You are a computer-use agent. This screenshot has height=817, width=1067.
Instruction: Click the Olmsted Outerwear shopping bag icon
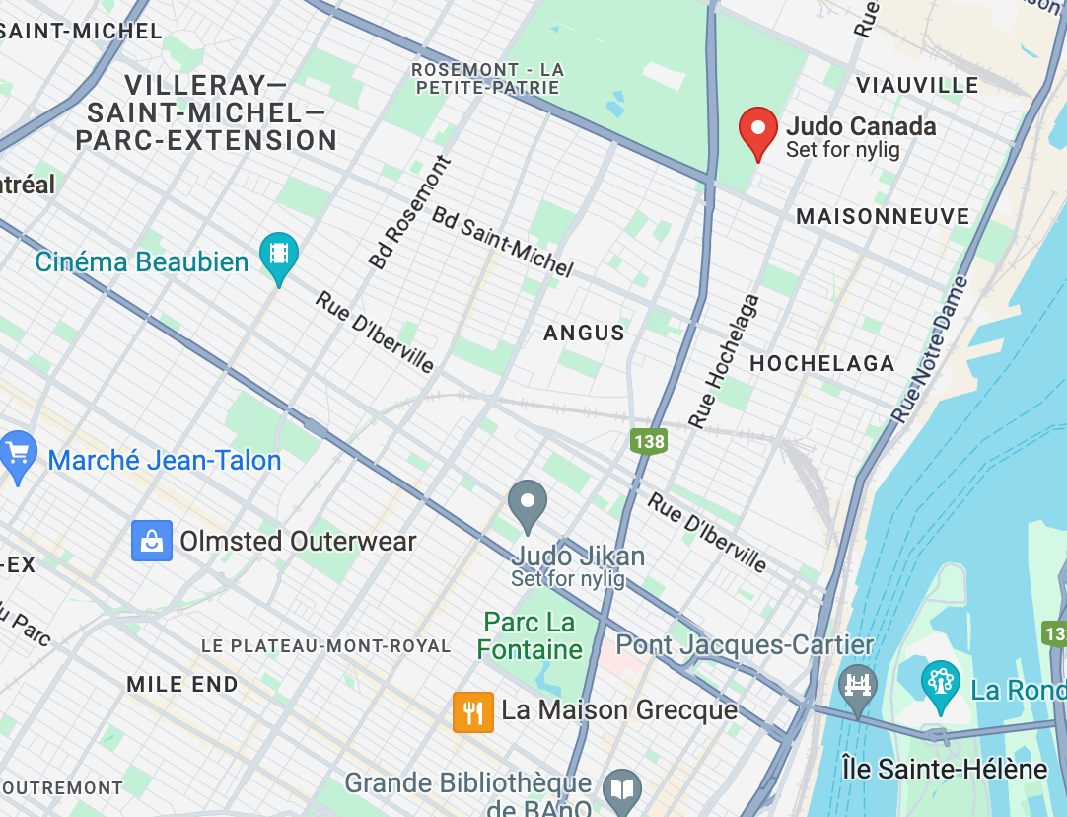coord(152,541)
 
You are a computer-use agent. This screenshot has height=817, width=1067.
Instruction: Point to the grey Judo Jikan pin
coord(527,504)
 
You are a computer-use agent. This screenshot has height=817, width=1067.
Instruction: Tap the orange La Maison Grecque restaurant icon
coord(473,711)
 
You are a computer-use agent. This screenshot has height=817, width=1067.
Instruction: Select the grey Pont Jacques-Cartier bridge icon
coord(857,685)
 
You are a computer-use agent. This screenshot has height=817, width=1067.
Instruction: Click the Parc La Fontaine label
coord(530,635)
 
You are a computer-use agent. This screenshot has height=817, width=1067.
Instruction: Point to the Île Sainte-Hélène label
coord(943,768)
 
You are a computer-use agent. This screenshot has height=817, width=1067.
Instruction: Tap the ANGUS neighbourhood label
coord(585,334)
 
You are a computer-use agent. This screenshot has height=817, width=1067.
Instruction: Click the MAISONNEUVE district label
coord(883,216)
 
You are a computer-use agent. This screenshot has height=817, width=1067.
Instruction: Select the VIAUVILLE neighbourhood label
coord(917,85)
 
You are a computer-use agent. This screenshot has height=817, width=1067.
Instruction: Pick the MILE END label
coord(182,684)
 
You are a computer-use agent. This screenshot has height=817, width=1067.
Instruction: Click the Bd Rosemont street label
coord(409,212)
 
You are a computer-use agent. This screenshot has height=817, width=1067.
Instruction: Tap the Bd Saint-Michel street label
coord(502,242)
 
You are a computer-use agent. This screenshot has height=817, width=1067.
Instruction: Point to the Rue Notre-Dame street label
coord(930,350)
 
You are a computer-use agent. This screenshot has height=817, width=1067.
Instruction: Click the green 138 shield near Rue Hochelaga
coord(649,441)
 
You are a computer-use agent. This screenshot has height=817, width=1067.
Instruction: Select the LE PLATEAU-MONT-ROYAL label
coord(325,646)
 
